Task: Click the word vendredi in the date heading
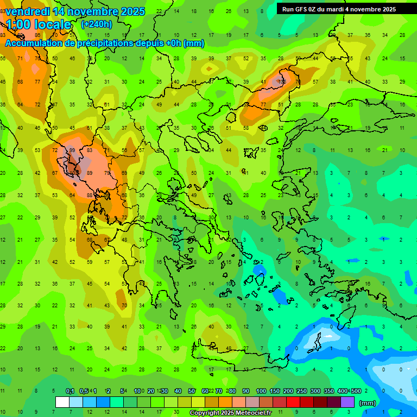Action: (28, 11)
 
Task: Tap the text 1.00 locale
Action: (38, 24)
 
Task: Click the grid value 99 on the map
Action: (72, 150)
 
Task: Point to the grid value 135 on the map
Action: (282, 81)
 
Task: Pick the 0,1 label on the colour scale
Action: (70, 391)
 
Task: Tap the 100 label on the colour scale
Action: (261, 391)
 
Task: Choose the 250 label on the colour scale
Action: (301, 391)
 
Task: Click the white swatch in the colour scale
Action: (62, 402)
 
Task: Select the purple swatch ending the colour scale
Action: (347, 402)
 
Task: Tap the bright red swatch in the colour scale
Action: (293, 402)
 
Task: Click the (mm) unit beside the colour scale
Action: (368, 403)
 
